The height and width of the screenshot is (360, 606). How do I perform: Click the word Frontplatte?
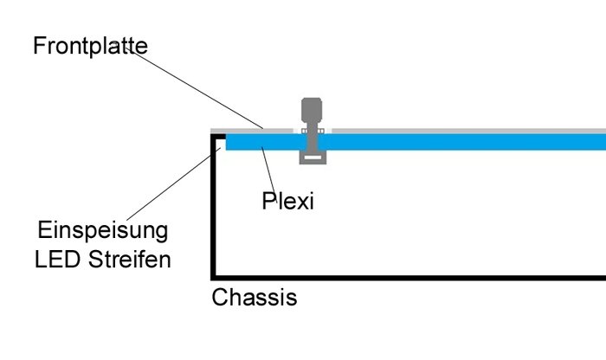[x=90, y=45]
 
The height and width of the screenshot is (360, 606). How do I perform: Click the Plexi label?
[x=287, y=202]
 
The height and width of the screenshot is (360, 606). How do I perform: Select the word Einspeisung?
[x=103, y=232]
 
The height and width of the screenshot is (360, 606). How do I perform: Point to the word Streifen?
[x=128, y=259]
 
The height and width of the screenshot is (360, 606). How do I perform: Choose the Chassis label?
[x=255, y=299]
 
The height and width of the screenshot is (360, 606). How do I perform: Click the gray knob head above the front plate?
[x=310, y=110]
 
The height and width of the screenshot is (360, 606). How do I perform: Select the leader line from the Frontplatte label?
[x=199, y=87]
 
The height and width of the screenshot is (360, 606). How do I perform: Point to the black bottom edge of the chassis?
[x=407, y=275]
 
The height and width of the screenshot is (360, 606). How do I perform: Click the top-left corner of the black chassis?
[x=215, y=133]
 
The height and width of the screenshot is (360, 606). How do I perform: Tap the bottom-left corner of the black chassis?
[x=215, y=275]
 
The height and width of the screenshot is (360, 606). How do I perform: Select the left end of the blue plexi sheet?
[x=229, y=142]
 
